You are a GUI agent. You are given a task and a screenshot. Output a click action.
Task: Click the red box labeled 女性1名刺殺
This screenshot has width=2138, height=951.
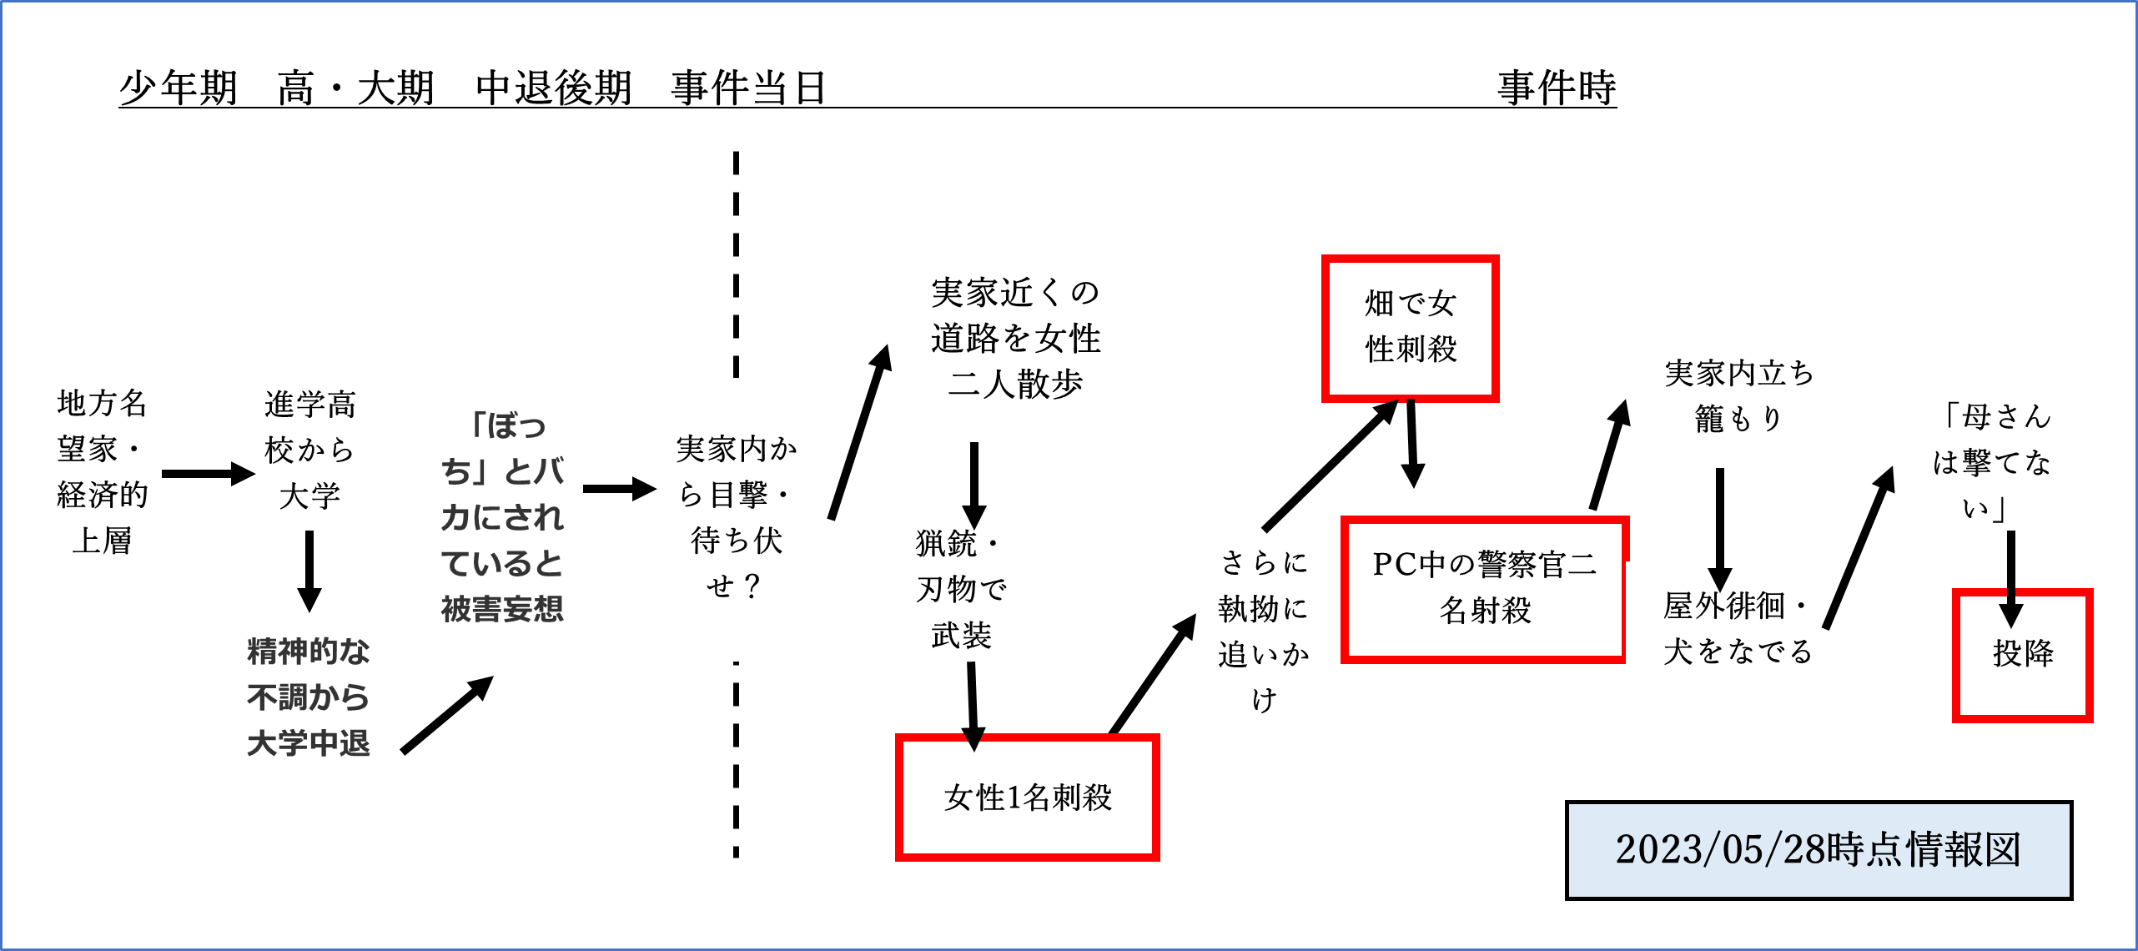click(1027, 798)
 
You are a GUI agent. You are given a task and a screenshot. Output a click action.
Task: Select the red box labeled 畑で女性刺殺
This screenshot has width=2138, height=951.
click(1410, 328)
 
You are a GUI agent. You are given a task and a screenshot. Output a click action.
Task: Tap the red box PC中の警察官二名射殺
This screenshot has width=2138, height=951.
click(1484, 589)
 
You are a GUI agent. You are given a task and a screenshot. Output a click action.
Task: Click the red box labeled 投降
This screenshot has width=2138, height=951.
click(2022, 656)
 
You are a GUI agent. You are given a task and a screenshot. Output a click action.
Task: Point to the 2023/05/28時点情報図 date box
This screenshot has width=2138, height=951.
click(1818, 850)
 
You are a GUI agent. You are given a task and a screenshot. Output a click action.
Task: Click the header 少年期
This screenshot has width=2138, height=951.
click(179, 88)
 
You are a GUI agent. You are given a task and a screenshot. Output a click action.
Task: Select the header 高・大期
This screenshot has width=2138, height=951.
click(356, 88)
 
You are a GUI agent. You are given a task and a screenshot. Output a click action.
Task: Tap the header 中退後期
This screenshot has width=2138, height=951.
click(553, 88)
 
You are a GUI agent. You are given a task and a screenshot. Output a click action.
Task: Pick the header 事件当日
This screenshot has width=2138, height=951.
click(749, 88)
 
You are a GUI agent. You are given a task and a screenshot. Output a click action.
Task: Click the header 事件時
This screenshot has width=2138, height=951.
click(1557, 88)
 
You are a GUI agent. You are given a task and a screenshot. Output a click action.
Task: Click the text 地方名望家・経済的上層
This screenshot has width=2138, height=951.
click(102, 472)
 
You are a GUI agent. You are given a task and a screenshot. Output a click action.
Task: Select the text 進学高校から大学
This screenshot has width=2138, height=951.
click(309, 450)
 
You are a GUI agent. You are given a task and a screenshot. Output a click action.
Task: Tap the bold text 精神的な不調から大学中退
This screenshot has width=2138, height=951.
click(308, 697)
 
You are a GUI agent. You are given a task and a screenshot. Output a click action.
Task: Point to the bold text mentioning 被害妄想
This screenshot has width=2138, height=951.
click(502, 517)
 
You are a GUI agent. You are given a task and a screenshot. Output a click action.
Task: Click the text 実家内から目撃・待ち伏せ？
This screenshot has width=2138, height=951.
click(735, 517)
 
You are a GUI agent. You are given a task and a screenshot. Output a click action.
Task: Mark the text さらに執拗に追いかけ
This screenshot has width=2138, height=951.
click(1263, 631)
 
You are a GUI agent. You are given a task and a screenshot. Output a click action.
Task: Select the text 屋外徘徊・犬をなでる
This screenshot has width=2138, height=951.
click(1737, 628)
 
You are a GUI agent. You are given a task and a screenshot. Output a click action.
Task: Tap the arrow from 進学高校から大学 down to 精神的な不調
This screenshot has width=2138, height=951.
click(309, 571)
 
